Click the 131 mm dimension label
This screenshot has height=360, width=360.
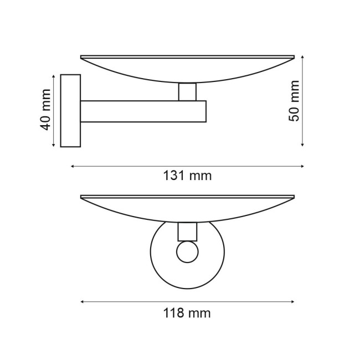[x=188, y=176]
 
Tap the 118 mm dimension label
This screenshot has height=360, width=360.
[x=188, y=313]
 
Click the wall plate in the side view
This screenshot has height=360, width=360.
[x=70, y=111]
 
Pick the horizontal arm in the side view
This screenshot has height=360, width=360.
[x=143, y=111]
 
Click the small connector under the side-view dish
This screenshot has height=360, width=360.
[x=187, y=92]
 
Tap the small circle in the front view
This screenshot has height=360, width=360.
[x=187, y=252]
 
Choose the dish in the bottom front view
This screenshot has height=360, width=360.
[x=187, y=206]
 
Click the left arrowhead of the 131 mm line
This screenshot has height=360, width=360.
[x=73, y=166]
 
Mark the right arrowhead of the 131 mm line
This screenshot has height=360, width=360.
[x=302, y=166]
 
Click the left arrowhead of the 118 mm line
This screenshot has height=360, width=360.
[x=83, y=302]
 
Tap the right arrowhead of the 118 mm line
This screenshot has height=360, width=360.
[x=292, y=302]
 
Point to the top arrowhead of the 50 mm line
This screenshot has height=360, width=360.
[x=303, y=56]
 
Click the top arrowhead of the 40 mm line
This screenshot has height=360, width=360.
[x=54, y=76]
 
